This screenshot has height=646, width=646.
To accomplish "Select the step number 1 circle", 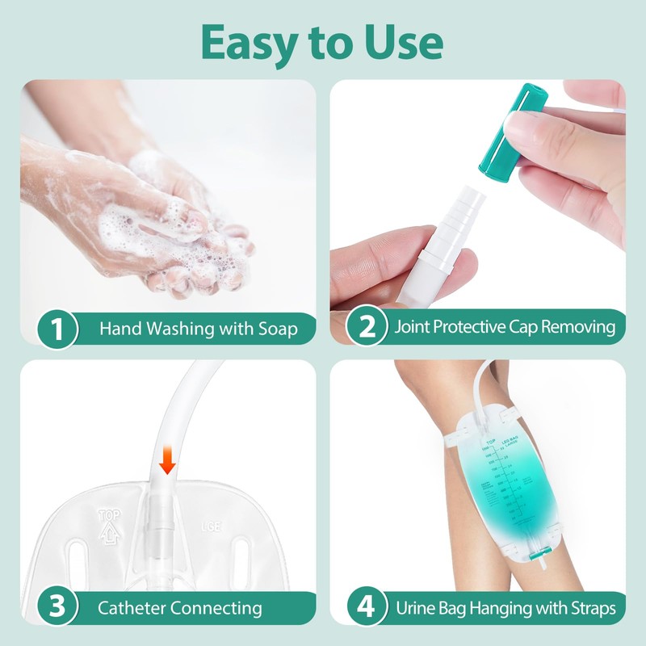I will point(57,329).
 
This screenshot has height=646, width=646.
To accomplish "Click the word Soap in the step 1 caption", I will point(275,329).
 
